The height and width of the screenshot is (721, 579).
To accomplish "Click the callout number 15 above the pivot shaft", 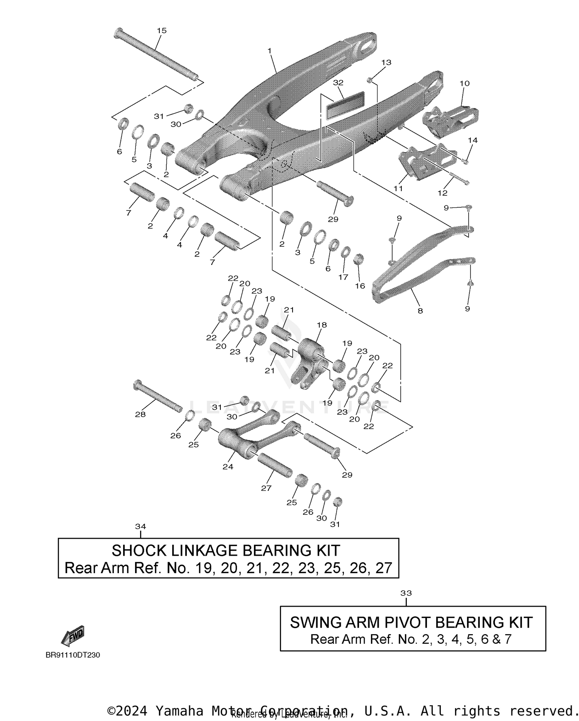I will (x=162, y=31).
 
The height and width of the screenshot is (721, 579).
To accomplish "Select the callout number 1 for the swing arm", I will (x=269, y=51).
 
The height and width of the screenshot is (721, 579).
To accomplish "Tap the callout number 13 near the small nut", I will (x=386, y=62).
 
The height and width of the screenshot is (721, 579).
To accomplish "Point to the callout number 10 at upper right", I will (x=464, y=83).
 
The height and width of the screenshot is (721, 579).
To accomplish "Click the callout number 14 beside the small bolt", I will (x=472, y=140).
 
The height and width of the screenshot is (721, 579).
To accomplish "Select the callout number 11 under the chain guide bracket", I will (x=398, y=188).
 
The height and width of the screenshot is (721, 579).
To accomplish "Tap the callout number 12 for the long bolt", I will (x=442, y=193).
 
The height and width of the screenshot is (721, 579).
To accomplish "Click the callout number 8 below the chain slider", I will (x=420, y=310).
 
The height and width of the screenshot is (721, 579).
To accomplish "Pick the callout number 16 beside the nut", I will (x=360, y=286).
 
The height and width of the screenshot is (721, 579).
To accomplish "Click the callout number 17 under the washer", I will (x=343, y=277).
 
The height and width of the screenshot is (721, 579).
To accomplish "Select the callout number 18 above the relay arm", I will (x=322, y=325).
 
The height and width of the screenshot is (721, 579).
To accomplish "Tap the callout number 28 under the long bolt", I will (x=140, y=414).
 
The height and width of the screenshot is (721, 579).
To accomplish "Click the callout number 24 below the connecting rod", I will (x=228, y=467).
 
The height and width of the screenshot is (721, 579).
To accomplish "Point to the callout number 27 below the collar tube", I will (x=266, y=488).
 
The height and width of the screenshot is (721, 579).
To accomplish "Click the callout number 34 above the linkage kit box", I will (x=141, y=526).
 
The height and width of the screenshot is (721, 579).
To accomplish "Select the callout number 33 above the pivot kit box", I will (x=406, y=593).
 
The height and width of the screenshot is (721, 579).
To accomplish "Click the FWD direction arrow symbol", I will (x=73, y=635).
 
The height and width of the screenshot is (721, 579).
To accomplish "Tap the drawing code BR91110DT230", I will (x=73, y=655).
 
